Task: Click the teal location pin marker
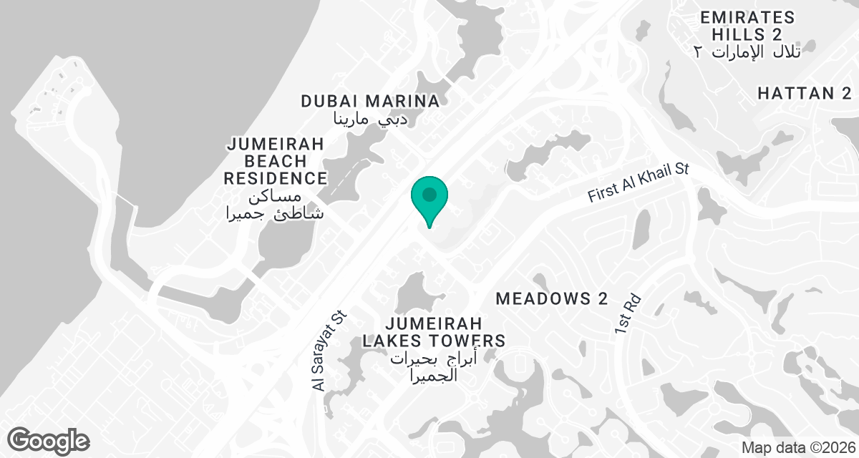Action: click(x=429, y=200)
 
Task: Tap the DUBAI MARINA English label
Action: click(x=369, y=101)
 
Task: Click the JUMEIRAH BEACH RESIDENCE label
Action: click(x=276, y=161)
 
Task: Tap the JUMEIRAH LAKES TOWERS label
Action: click(x=434, y=332)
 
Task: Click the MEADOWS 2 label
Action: click(x=552, y=298)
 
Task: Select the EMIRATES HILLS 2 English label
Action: click(x=747, y=26)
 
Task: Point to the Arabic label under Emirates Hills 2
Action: click(x=747, y=52)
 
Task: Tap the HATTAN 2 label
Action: click(x=805, y=94)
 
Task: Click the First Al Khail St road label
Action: click(x=638, y=185)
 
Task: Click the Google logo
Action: click(x=49, y=440)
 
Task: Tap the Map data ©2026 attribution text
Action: click(x=798, y=447)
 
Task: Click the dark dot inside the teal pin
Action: click(x=429, y=194)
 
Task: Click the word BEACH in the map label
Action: click(x=276, y=161)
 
